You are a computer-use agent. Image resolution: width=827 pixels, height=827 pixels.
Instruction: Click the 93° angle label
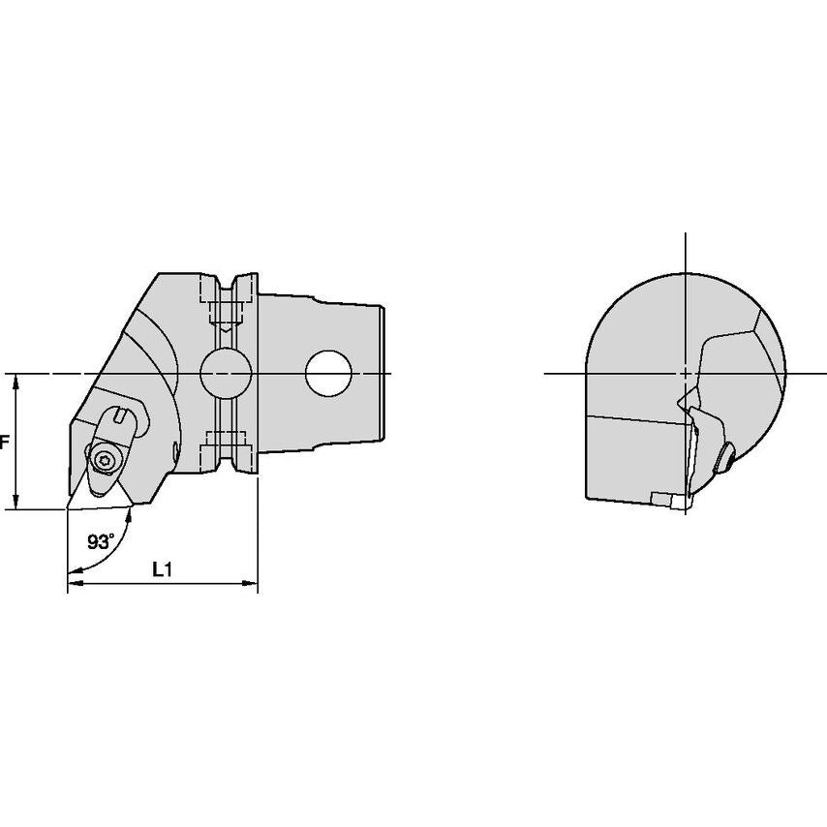(x=101, y=541)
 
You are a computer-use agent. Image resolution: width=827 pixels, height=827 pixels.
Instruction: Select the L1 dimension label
(x=163, y=569)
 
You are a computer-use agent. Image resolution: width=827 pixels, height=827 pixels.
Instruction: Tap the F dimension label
(x=4, y=442)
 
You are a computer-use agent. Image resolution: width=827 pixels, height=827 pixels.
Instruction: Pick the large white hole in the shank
(x=328, y=374)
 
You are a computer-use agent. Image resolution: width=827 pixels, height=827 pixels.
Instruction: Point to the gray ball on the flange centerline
(x=226, y=374)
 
